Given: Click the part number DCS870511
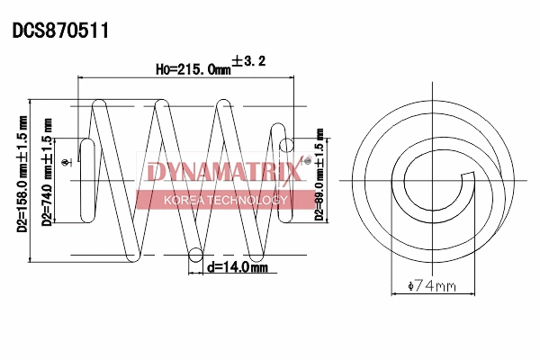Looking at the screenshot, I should pos(60,31).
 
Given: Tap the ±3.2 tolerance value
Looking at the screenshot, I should pos(249,61).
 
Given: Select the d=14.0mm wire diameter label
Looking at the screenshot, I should pos(237,267).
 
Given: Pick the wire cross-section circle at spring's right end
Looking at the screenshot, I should pos(288,143).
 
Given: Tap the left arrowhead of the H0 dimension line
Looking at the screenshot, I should pos(85,79).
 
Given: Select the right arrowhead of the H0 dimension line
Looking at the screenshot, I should pos(292,79).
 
